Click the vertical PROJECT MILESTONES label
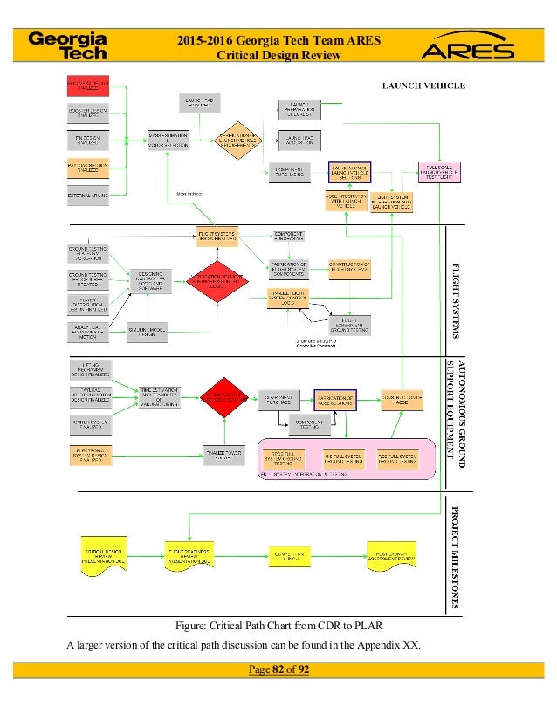tap(455, 554)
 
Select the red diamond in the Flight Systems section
tap(225, 279)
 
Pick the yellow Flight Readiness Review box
tap(189, 556)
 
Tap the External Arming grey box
tap(87, 196)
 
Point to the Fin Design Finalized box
tap(87, 140)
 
